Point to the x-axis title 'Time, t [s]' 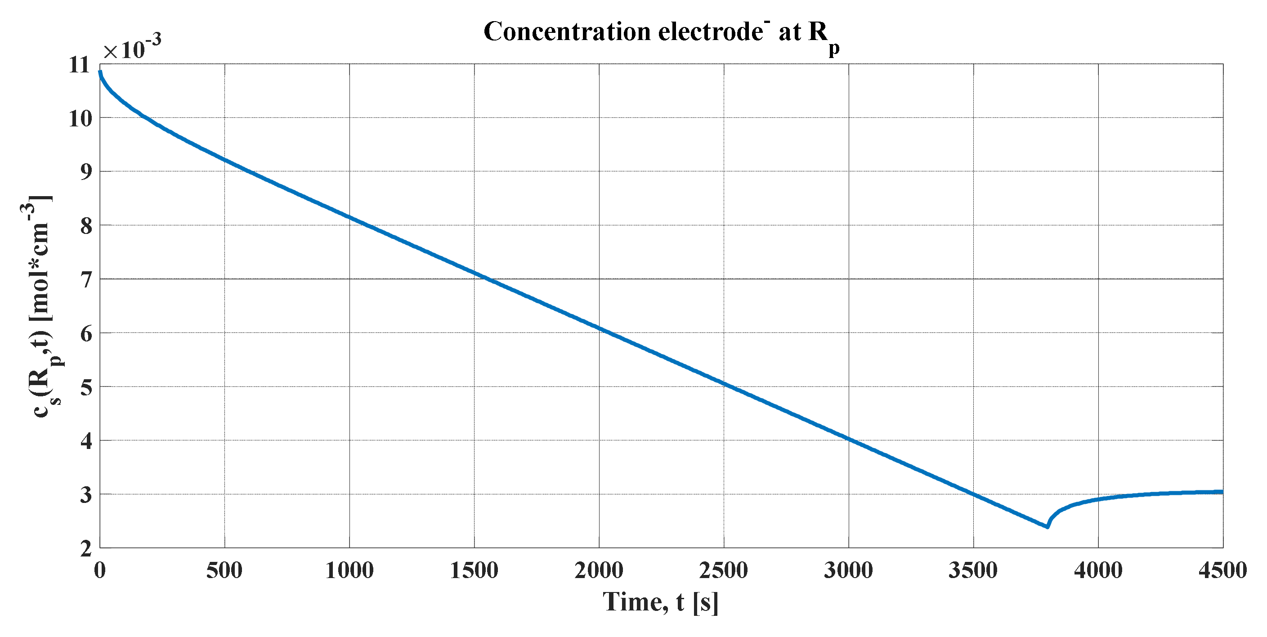coord(660,601)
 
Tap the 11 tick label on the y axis coord(80,64)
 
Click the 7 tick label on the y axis coord(85,279)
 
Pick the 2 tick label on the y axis coord(85,548)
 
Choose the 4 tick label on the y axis coord(85,441)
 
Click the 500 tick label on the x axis coord(224,570)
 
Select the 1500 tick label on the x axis coord(474,570)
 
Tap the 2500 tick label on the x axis coord(724,570)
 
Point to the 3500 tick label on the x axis coord(973,570)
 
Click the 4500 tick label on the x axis coord(1223,570)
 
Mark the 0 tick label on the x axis coord(100,570)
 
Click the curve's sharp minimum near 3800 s coord(1047,527)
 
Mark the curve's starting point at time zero coord(100,72)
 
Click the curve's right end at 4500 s coord(1222,491)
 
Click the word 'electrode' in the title coord(710,32)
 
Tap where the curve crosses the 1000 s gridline coord(350,217)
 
